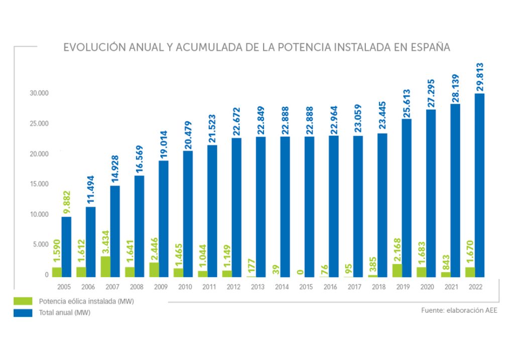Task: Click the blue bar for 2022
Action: tap(480, 185)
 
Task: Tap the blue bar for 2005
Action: tap(66, 247)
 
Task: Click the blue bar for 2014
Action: tap(285, 206)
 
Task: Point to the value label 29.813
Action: tap(479, 77)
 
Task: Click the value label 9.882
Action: tap(66, 200)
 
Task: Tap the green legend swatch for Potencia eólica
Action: tap(23, 301)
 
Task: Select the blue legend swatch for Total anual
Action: tap(23, 312)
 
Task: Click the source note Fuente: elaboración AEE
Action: tap(459, 311)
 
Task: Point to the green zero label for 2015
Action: tap(299, 272)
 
